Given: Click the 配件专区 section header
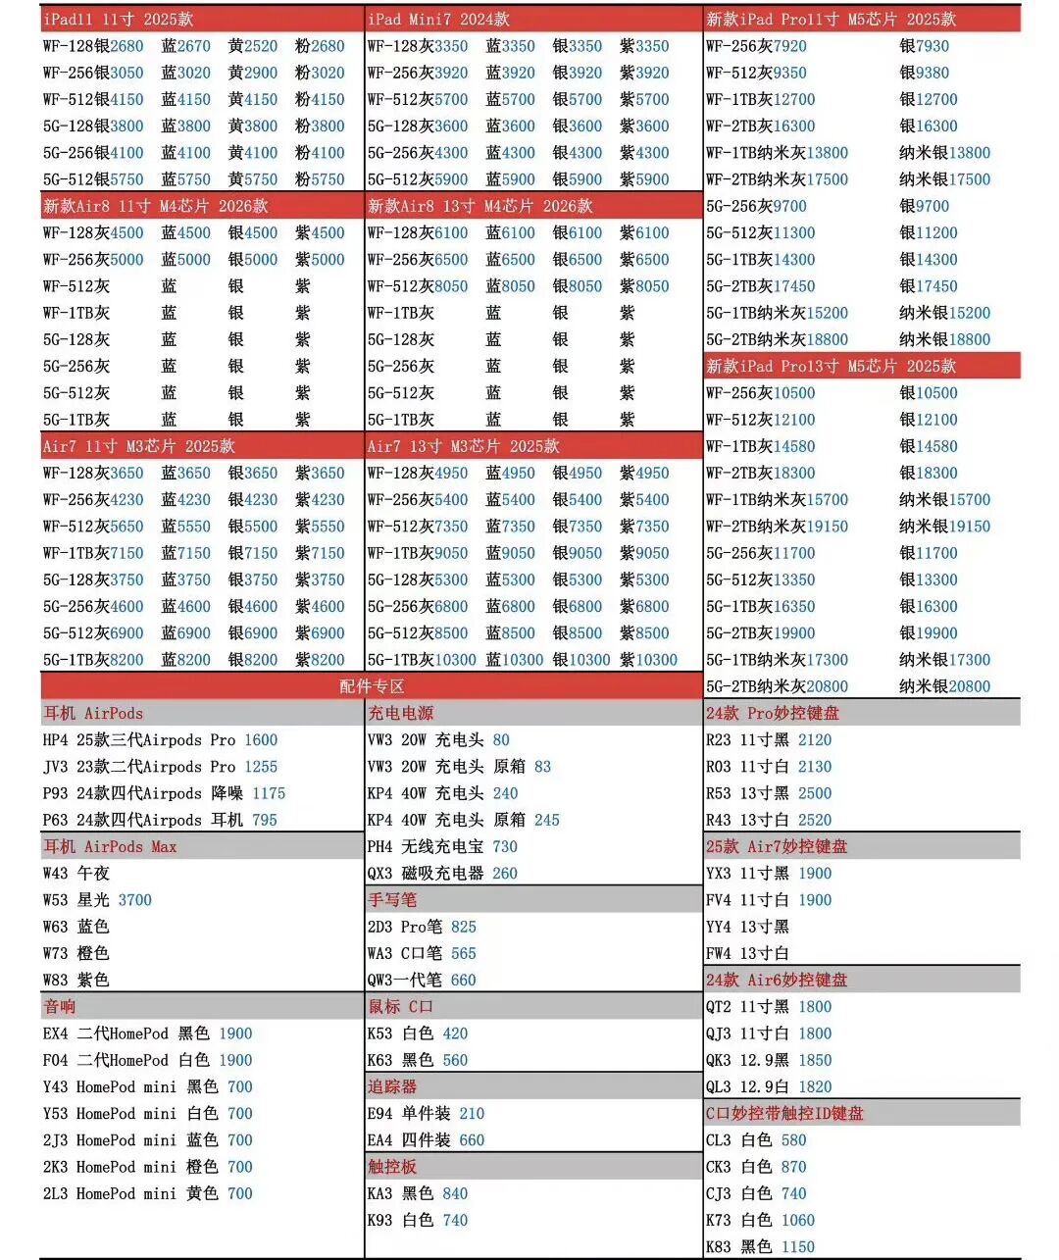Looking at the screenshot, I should tap(372, 686).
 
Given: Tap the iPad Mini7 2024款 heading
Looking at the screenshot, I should tap(438, 19).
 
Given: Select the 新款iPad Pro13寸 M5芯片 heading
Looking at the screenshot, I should tap(831, 366).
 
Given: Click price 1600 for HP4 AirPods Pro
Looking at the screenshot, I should tap(261, 740).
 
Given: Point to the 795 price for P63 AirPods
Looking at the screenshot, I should tap(264, 820).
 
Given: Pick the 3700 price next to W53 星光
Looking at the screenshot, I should tap(134, 900).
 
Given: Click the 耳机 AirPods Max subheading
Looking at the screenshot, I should tap(110, 846).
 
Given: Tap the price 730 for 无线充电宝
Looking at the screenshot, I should tap(505, 846).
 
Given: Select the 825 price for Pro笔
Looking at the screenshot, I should tap(464, 927).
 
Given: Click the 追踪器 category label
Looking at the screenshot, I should tap(392, 1086).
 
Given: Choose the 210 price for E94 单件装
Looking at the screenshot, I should tap(472, 1114).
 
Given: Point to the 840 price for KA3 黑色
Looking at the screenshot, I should tap(455, 1193).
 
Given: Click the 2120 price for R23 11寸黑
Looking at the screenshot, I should tap(815, 740).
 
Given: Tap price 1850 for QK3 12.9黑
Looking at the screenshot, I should tap(815, 1060).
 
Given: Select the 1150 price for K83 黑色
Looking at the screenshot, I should tap(798, 1247).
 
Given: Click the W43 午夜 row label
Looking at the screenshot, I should tap(76, 873).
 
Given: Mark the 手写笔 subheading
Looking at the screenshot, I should tap(392, 900).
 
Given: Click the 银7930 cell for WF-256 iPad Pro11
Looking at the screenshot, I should tap(925, 46).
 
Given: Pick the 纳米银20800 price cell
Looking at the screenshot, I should tap(944, 686).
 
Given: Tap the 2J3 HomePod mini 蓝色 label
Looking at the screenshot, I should tap(130, 1140).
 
